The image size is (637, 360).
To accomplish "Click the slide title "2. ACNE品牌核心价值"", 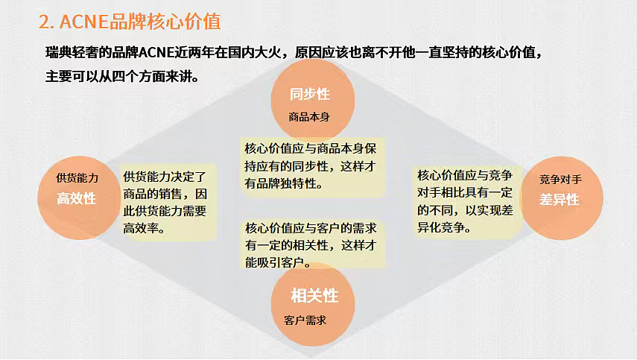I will [130, 22].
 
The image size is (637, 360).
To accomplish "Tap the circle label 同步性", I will [310, 95].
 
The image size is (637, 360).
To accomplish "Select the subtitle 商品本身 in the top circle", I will [309, 117].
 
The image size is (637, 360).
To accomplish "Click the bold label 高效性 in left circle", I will [77, 199].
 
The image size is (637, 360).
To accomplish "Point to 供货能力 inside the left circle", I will [77, 178].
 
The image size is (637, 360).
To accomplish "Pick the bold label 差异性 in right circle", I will [560, 200].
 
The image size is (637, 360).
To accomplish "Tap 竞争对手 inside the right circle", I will [560, 180].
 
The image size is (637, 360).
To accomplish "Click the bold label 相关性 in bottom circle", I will [314, 296].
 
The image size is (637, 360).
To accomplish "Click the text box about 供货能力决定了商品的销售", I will [169, 202].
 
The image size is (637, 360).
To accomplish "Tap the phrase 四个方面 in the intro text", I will [141, 76].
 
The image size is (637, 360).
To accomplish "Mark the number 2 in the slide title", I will [44, 22].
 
